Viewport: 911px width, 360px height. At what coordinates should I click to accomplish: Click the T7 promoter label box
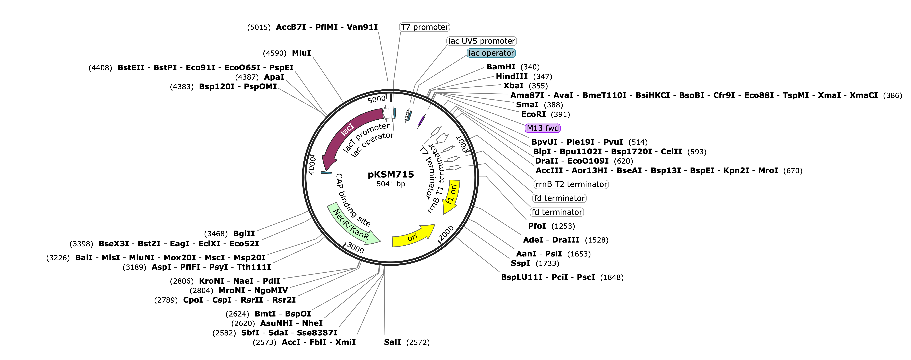(x=424, y=27)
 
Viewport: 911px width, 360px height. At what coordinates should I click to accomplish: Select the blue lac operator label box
(x=491, y=53)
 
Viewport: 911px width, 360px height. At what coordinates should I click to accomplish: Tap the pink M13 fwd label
(x=543, y=128)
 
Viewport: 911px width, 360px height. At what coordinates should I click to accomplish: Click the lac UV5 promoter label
(x=482, y=41)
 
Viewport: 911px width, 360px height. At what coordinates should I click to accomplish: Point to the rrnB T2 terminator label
(x=571, y=184)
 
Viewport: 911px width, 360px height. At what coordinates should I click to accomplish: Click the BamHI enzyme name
(x=501, y=67)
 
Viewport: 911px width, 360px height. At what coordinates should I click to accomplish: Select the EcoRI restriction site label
(x=533, y=114)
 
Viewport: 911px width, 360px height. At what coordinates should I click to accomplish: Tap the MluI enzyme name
(x=301, y=53)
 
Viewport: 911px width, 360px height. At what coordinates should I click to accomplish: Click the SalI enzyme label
(x=393, y=342)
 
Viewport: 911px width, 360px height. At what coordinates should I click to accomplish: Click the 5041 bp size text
(x=391, y=184)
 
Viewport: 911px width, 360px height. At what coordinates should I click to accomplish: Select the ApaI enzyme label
(x=274, y=77)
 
